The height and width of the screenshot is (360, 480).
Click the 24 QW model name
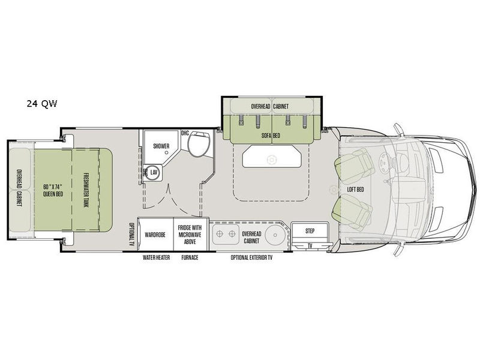point(41,104)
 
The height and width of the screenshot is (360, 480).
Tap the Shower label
point(161,146)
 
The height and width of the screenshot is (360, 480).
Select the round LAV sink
point(153,173)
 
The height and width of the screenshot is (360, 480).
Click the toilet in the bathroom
point(199,144)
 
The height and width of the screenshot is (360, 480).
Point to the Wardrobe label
point(155,235)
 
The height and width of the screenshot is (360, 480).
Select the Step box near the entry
point(310,231)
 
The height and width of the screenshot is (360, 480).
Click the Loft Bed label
point(355,190)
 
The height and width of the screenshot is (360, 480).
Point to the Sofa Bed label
point(271,136)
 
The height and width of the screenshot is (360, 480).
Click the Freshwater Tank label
point(86,191)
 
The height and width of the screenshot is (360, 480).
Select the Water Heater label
point(156,257)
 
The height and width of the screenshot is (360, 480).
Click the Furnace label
point(190,257)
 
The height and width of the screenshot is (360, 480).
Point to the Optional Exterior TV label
point(251,257)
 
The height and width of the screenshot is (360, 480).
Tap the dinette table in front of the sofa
point(272,157)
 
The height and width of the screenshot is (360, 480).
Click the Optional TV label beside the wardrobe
point(132,235)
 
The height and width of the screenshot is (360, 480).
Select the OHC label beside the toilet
point(185,133)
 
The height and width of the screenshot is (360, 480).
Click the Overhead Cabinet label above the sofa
point(269,106)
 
